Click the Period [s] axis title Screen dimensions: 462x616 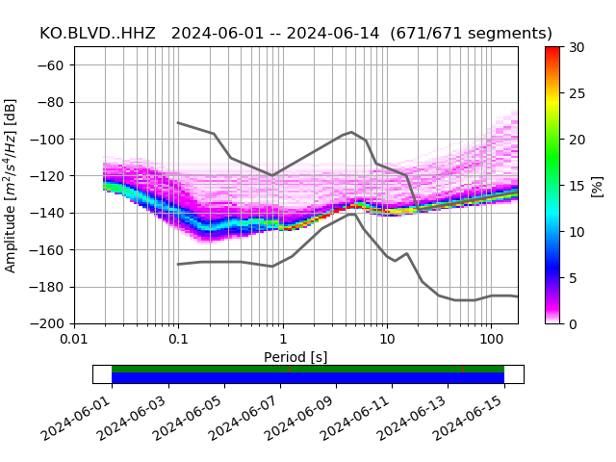click(x=295, y=356)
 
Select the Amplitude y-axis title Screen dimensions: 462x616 click(x=12, y=185)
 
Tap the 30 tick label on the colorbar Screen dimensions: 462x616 click(x=576, y=47)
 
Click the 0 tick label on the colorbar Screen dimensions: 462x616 click(x=573, y=323)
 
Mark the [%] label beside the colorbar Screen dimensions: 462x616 click(x=597, y=185)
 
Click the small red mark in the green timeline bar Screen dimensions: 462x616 click(x=463, y=369)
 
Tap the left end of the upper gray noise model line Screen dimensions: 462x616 click(x=178, y=122)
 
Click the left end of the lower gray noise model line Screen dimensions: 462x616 click(x=178, y=264)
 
